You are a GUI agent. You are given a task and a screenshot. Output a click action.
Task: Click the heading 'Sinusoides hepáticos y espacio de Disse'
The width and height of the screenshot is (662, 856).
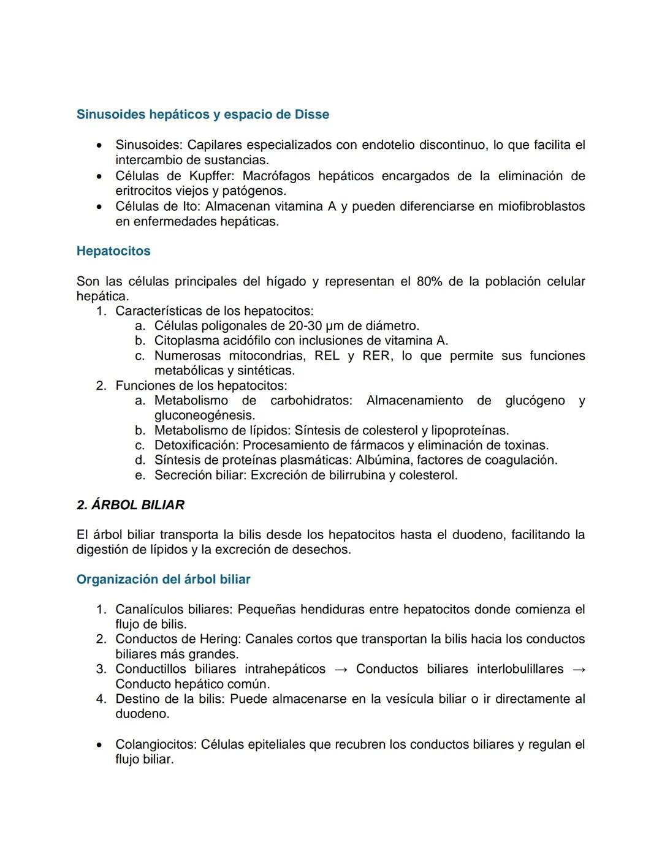(202, 115)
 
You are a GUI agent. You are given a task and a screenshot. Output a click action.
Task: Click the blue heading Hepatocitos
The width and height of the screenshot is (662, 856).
(113, 251)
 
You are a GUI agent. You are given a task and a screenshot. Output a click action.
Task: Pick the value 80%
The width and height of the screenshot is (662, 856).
(429, 282)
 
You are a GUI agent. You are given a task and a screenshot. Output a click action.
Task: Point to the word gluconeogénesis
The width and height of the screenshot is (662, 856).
(204, 415)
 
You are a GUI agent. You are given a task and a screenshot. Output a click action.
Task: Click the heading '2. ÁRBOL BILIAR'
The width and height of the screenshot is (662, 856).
(131, 505)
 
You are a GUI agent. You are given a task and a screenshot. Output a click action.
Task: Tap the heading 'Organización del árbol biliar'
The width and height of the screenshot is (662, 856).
(163, 580)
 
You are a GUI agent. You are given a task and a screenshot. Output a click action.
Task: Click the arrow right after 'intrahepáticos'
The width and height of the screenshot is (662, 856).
(341, 670)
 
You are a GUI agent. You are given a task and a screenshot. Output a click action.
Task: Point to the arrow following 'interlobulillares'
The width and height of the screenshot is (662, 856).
(578, 670)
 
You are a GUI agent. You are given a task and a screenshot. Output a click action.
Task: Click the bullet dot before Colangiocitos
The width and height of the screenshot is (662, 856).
(99, 746)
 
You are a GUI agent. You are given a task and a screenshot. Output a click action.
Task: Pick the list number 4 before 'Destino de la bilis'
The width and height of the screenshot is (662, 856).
(101, 699)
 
